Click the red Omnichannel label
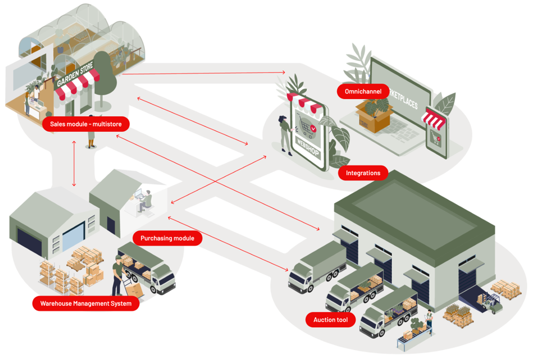363,91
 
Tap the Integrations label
363,173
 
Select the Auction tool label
330,320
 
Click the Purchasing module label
168,238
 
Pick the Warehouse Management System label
86,304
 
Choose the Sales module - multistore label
86,124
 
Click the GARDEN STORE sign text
75,74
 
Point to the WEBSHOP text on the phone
308,147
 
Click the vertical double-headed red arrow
74,163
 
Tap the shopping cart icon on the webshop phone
306,126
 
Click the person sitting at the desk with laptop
145,201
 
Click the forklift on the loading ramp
492,303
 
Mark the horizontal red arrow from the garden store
203,73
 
